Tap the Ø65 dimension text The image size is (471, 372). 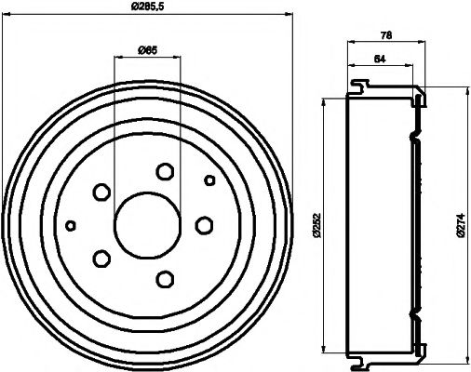point(147,49)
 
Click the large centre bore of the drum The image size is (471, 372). point(145,224)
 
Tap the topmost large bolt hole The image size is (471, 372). point(166,171)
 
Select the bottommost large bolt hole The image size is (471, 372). point(166,277)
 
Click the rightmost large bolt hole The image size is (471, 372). point(203,224)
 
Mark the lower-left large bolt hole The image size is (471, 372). point(101,257)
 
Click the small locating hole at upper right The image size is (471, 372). point(209,179)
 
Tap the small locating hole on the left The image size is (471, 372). point(70,224)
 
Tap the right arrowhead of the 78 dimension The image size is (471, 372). point(424,42)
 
